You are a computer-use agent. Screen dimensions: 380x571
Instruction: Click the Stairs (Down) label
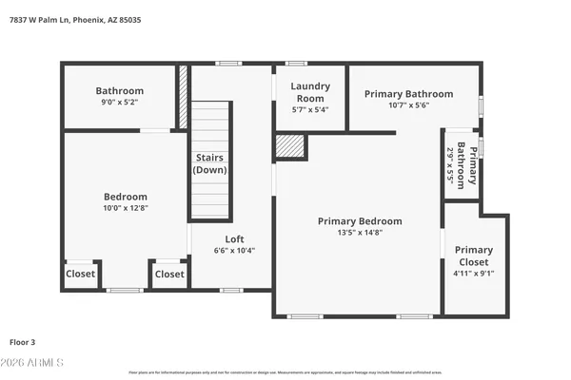point(210,163)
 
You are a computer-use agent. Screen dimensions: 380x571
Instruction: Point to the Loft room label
point(234,239)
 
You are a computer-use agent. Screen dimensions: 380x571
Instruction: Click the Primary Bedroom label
point(360,221)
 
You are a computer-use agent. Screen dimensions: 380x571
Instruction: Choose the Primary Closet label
point(474,256)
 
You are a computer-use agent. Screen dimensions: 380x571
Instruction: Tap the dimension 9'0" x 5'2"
point(119,103)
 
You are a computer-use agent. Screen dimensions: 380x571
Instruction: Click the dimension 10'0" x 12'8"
point(126,207)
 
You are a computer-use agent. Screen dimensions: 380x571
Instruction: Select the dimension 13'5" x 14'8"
point(360,233)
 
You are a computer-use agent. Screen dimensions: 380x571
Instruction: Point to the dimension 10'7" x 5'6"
point(408,105)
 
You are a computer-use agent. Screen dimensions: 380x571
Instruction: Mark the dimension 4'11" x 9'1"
point(474,274)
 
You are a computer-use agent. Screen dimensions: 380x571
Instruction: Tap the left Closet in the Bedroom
point(81,275)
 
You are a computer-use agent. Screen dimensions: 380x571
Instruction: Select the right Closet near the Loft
point(169,275)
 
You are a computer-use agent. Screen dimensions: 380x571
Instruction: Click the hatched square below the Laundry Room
point(289,145)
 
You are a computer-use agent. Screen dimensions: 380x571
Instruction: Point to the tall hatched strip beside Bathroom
point(183,96)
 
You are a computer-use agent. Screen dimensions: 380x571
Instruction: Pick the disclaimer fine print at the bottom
point(285,372)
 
